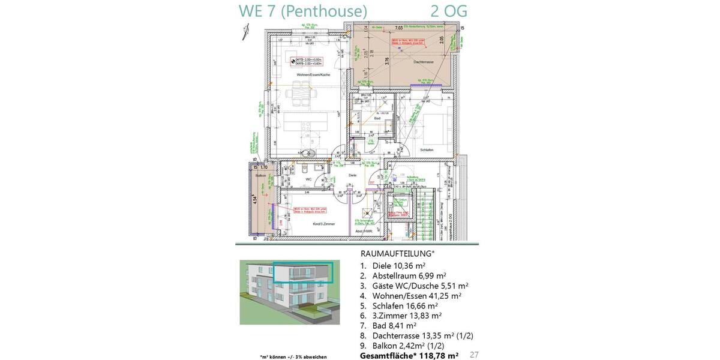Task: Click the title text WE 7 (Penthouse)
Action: pos(303,11)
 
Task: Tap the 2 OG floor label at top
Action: pos(449,11)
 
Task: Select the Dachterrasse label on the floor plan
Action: pos(423,62)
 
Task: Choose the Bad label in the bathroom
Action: pos(377,119)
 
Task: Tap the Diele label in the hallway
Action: pos(353,175)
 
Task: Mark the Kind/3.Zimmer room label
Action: pos(323,224)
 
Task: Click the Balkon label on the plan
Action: pos(260,175)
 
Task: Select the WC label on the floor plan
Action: pos(308,179)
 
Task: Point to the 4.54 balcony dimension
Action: pos(255,200)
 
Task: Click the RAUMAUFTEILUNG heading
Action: pos(397,254)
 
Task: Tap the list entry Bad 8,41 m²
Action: pos(395,326)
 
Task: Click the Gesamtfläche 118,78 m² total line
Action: pos(409,356)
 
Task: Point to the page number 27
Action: pos(474,355)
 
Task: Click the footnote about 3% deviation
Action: pos(293,357)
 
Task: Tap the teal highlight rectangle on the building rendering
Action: pos(303,272)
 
